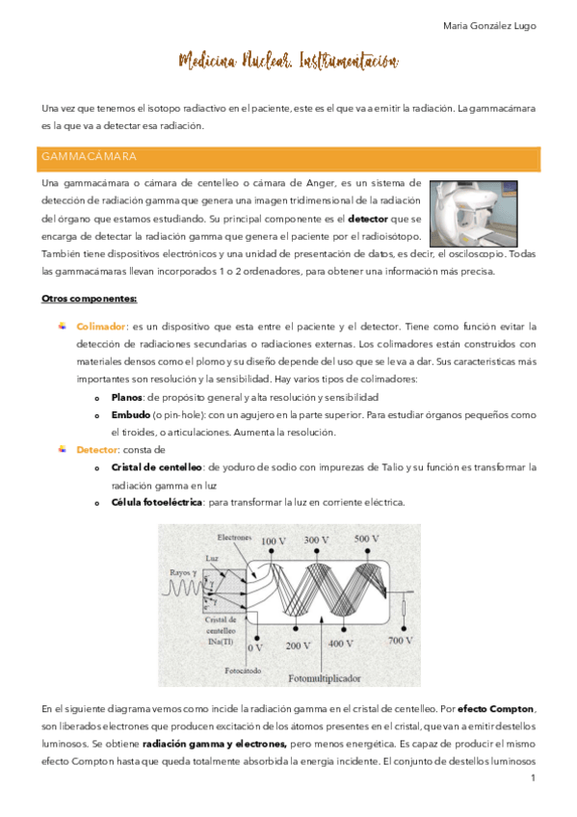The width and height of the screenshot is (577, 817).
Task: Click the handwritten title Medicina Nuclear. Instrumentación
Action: click(288, 63)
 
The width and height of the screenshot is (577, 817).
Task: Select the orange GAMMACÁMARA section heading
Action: click(89, 156)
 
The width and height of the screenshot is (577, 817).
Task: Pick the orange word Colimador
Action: click(101, 327)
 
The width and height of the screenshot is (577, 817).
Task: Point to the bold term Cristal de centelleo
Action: click(157, 467)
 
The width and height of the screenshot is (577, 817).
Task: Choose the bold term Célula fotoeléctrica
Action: click(156, 502)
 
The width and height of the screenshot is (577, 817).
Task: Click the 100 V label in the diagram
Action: click(274, 541)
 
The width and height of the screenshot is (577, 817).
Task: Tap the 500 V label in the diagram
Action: click(367, 539)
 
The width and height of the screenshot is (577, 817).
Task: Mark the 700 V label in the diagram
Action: click(401, 639)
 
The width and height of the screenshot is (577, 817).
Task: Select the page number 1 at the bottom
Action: click(532, 777)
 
